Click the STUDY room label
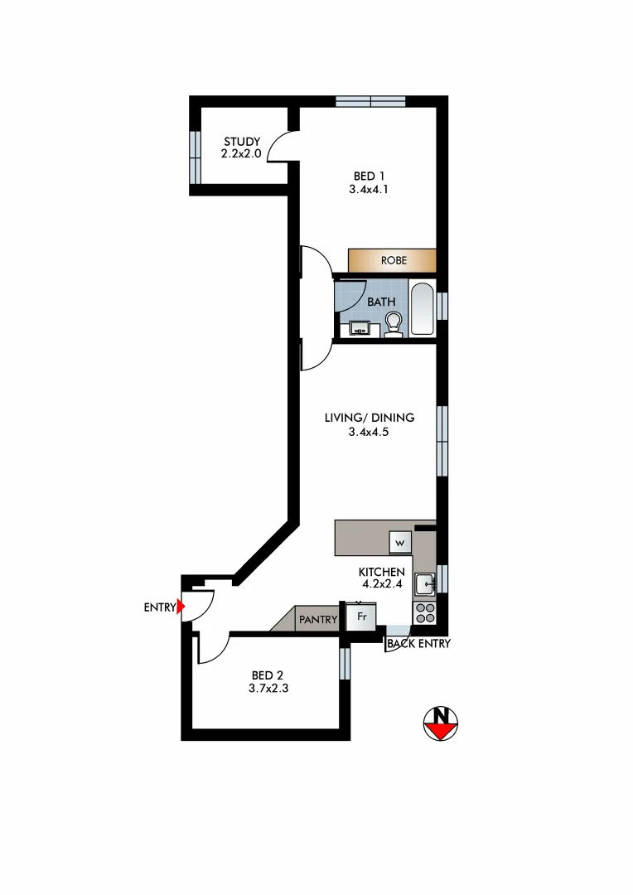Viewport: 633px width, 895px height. (241, 142)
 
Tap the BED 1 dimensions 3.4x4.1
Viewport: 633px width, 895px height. (370, 189)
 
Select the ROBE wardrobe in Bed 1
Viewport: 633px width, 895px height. (392, 259)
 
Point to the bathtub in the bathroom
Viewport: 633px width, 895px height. (422, 309)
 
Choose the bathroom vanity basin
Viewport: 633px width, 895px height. (360, 329)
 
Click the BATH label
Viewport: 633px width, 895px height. (381, 302)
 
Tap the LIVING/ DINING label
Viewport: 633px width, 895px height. (369, 418)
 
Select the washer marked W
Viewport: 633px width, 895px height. (399, 543)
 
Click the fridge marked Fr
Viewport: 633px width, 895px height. (362, 617)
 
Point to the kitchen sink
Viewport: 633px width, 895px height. (424, 583)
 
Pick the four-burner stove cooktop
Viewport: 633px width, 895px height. (425, 612)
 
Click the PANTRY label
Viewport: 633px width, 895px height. (318, 619)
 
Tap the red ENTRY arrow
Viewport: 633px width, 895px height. (181, 607)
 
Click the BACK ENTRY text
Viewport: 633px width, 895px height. (419, 644)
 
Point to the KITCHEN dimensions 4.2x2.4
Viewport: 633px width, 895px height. (381, 584)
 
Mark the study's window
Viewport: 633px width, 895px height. (196, 157)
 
